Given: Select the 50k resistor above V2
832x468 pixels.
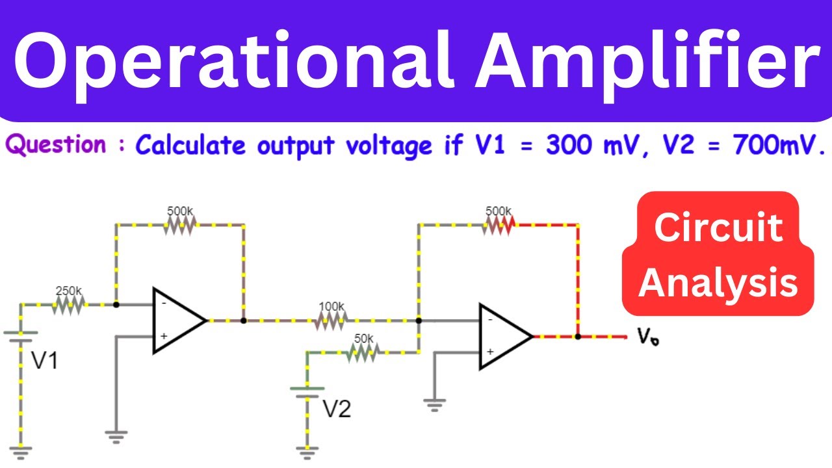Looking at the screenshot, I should point(363,352).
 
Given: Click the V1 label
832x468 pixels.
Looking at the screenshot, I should point(45,361).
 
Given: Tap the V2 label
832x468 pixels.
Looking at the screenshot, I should point(337,408).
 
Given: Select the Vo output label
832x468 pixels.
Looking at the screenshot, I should point(647,337).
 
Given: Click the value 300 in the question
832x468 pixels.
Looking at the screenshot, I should point(567,146).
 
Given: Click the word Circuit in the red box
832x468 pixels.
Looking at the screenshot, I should point(718,228).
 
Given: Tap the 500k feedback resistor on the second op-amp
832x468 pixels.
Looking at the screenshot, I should point(499,224).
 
